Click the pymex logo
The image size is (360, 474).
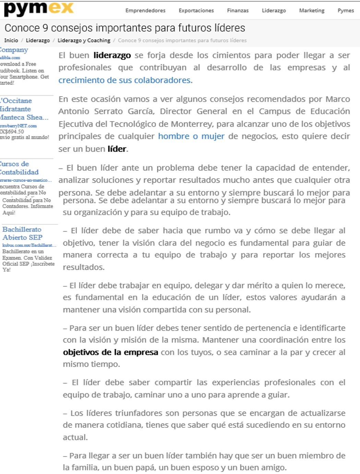38,9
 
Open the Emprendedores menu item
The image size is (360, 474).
145,11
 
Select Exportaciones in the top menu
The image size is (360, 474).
196,11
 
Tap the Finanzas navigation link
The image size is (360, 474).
238,11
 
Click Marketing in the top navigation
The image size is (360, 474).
311,11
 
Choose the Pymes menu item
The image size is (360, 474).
345,11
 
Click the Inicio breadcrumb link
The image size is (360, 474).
11,40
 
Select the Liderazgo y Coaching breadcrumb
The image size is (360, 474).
84,40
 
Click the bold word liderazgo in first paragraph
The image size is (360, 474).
112,55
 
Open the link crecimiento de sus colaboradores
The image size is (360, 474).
125,80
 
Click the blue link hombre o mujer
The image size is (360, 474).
191,136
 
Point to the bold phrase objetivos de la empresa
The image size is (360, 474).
110,352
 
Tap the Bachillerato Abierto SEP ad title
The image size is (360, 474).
22,233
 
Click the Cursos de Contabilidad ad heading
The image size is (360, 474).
19,168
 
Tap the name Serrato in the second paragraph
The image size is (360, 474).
109,111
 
